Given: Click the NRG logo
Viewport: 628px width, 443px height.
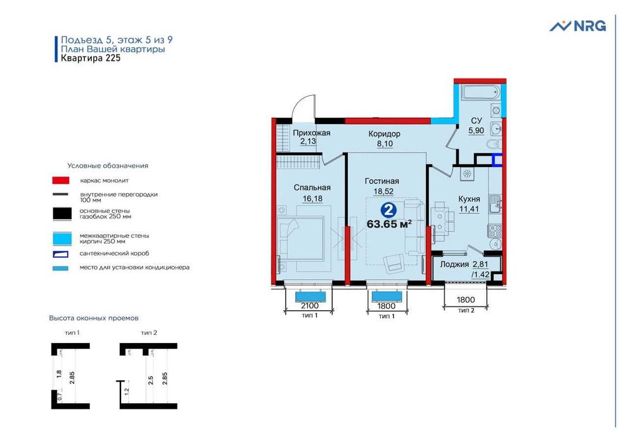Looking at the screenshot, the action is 577,25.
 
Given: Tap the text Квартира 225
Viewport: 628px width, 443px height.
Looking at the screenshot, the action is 91,58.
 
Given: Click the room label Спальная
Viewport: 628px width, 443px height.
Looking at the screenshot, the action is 312,187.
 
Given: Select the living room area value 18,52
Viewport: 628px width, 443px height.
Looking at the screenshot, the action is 383,192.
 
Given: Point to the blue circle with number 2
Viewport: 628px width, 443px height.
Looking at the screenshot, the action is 388,210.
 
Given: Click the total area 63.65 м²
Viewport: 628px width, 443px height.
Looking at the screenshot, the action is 389,224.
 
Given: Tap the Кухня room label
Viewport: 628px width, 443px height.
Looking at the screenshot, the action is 469,199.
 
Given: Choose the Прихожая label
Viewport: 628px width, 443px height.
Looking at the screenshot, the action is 312,133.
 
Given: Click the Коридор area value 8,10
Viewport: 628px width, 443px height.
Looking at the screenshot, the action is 385,144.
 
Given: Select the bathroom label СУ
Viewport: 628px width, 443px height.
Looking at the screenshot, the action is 476,121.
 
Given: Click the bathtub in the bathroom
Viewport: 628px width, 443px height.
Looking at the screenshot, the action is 480,93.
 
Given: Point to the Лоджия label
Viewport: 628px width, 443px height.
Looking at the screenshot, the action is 454,265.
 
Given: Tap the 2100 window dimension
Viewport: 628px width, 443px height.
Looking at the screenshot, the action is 310,306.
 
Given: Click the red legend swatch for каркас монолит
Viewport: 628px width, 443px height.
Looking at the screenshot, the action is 60,180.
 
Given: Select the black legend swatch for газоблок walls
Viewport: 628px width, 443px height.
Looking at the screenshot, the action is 62,213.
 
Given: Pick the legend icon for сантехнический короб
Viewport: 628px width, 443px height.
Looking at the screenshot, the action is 60,254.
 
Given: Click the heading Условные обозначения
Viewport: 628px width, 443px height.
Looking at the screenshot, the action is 108,166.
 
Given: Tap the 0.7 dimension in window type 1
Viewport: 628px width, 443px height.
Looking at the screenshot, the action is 60,397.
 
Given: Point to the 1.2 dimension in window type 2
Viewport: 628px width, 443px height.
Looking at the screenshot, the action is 127,390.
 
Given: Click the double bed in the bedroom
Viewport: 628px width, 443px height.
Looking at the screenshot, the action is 302,239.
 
